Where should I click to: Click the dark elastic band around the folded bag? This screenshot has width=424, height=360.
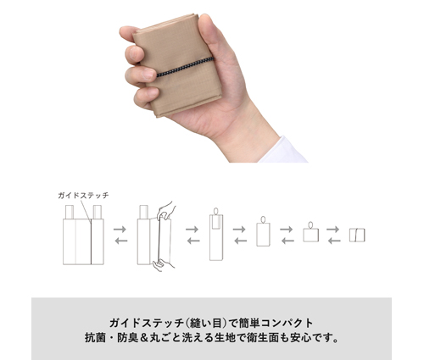pos(185,67)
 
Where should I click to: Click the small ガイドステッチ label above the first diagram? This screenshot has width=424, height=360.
pos(83,196)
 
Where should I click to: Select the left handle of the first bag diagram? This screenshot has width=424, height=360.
pos(70,212)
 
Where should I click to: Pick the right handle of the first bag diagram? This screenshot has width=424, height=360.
pos(98,212)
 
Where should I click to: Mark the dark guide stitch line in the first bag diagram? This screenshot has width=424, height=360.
pos(91,242)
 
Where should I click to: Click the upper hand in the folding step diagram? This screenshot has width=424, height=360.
pos(165,210)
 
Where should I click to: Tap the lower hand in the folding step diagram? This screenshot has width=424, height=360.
pos(164,265)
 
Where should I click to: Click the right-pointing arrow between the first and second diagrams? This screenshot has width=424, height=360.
pos(120,229)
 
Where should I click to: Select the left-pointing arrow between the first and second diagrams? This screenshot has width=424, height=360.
pos(121,241)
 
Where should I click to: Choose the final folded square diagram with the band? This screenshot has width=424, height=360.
pos(357,235)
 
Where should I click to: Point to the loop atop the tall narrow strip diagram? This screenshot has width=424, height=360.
pos(216,211)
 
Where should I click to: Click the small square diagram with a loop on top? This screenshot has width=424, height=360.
pos(311,232)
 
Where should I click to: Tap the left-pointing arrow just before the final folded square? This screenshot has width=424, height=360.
pos(334,241)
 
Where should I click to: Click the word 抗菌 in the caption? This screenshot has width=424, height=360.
pos(95,338)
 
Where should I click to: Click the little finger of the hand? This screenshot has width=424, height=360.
pos(146,96)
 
